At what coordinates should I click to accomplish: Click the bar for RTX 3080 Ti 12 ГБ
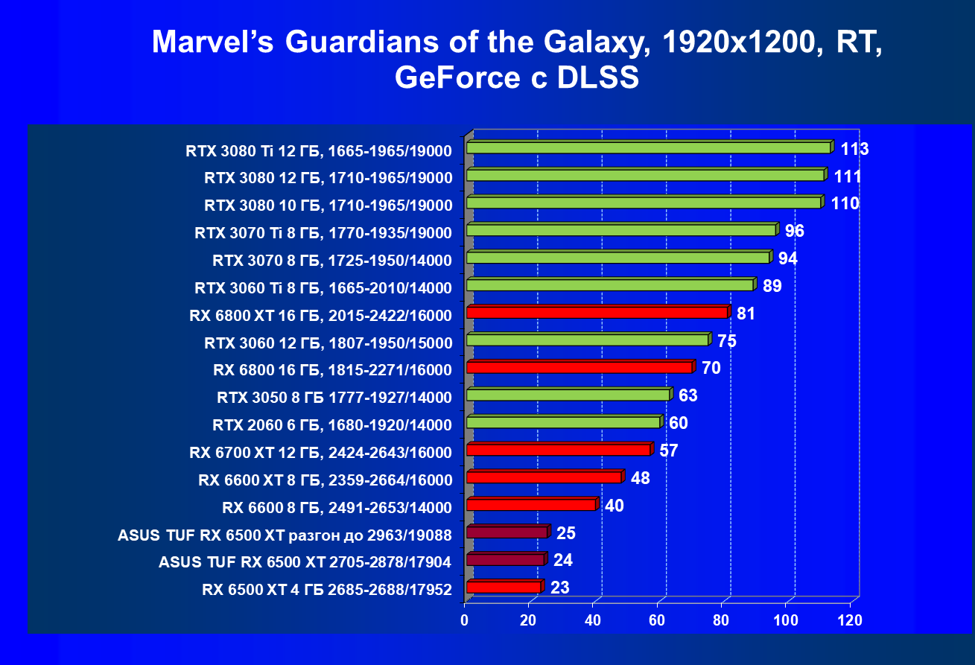click(x=648, y=148)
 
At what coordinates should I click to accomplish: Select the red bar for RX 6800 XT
click(x=597, y=313)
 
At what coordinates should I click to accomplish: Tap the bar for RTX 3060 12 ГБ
click(x=587, y=340)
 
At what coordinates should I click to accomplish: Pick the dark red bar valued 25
click(x=506, y=532)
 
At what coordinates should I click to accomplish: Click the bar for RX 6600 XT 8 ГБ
click(x=544, y=477)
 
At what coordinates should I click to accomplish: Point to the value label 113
click(x=854, y=149)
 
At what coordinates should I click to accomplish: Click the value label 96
click(x=794, y=231)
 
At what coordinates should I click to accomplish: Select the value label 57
click(x=668, y=451)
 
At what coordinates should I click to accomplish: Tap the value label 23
click(x=559, y=588)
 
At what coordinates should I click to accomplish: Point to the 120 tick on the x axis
click(x=850, y=620)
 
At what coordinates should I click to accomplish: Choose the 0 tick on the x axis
click(x=466, y=620)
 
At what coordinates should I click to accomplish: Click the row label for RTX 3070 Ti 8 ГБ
click(x=323, y=233)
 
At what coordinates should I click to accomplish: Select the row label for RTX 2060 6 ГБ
click(x=332, y=425)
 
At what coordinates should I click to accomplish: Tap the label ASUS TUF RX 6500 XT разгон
click(x=285, y=535)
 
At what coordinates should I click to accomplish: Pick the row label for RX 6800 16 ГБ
click(x=332, y=370)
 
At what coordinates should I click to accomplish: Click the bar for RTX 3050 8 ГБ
click(x=568, y=395)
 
